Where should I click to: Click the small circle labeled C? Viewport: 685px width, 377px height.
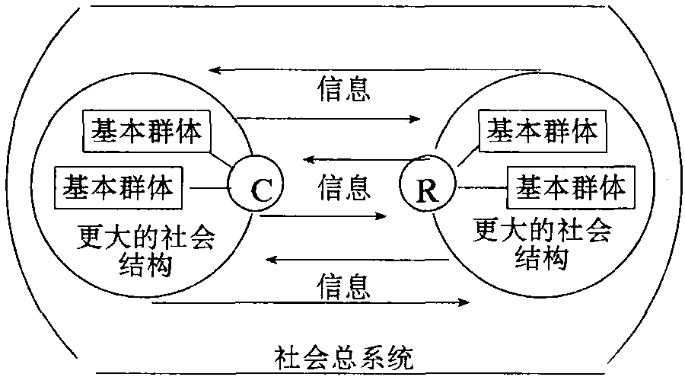(x=256, y=187)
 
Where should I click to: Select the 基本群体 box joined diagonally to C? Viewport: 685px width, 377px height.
(x=147, y=131)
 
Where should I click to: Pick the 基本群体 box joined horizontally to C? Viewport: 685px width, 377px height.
(x=122, y=185)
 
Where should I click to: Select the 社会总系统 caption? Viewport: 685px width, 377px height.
(x=344, y=356)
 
